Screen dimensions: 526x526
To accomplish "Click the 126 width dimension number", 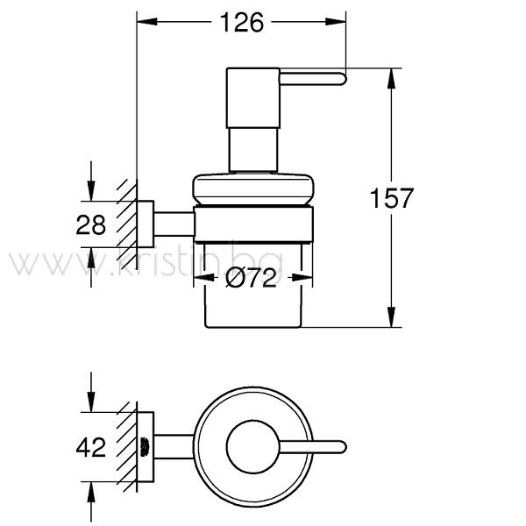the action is click(x=242, y=23).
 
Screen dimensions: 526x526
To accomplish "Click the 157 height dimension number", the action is click(x=392, y=198).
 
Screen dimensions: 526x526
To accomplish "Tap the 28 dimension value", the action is click(x=90, y=224).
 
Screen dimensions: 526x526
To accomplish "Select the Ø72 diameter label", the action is click(x=252, y=277).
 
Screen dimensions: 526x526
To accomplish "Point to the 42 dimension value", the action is click(x=90, y=447).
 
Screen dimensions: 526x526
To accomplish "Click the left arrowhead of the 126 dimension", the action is click(x=147, y=22).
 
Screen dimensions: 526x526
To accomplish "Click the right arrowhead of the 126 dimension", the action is click(x=336, y=22).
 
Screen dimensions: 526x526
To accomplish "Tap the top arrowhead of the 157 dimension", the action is click(x=391, y=79).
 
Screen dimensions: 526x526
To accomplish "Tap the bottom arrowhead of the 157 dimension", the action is click(x=391, y=316).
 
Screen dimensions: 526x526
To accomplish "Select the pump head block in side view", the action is click(x=253, y=98).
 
